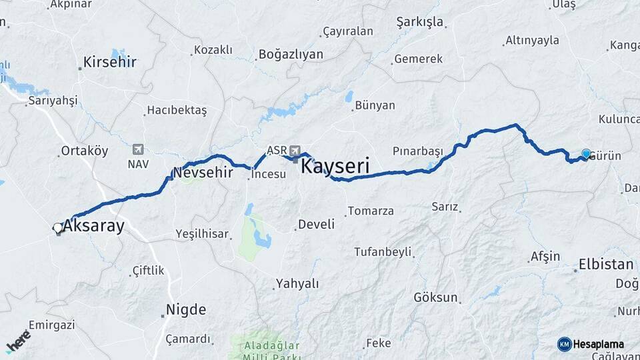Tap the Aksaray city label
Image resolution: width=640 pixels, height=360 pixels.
[94, 226]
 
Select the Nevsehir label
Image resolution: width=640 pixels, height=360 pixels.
[203, 172]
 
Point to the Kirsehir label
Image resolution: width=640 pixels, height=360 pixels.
[110, 62]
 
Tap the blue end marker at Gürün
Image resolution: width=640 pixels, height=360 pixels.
[586, 153]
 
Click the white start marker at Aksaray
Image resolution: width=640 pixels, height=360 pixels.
[58, 228]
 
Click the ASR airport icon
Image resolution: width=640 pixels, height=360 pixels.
[295, 151]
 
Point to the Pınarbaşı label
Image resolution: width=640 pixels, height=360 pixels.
[417, 150]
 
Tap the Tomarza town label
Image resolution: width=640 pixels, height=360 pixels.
[371, 211]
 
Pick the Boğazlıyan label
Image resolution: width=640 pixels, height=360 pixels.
[291, 54]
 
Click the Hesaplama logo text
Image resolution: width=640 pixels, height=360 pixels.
[599, 344]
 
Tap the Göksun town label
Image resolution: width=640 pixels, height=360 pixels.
[436, 297]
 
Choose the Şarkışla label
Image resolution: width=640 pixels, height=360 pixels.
[419, 22]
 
